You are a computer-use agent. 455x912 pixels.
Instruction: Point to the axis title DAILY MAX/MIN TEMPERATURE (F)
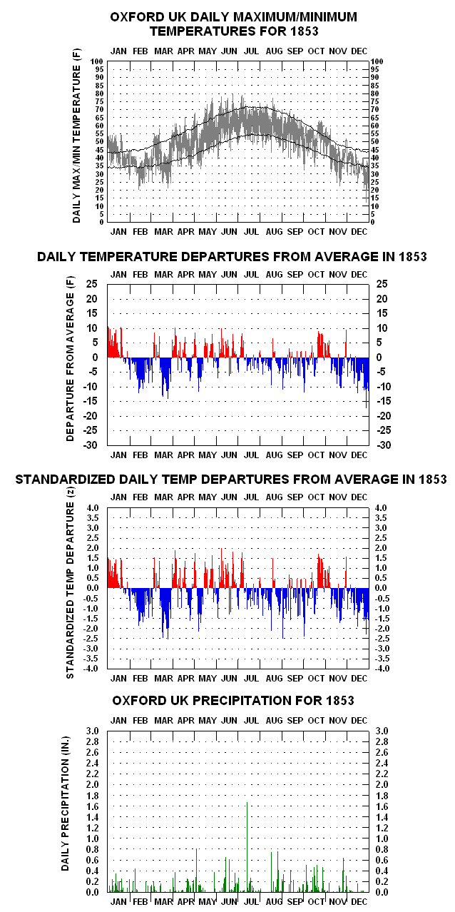click(77, 136)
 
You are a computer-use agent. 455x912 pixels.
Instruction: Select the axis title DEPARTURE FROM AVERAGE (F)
click(71, 358)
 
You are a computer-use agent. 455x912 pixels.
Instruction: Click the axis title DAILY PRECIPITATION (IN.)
click(66, 803)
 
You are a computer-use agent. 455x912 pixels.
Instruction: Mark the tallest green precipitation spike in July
click(247, 847)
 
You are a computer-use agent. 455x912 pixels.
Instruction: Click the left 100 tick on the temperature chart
click(97, 61)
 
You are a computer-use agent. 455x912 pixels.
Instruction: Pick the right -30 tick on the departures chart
click(384, 445)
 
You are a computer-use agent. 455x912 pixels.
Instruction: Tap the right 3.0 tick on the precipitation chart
click(382, 731)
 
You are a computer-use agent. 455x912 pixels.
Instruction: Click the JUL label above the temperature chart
click(251, 51)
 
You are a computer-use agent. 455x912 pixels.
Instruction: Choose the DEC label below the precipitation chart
click(359, 902)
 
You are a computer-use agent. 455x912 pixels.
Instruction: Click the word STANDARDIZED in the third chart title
click(65, 480)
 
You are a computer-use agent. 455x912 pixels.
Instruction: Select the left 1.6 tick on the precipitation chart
click(93, 806)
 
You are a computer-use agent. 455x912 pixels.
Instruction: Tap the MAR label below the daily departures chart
click(163, 455)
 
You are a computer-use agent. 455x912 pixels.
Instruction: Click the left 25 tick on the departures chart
click(92, 284)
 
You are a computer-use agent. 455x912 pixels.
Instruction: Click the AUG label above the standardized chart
click(274, 497)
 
